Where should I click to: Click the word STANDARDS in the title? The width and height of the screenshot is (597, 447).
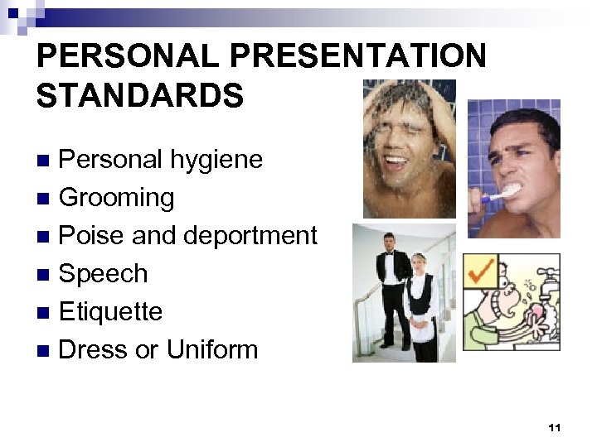click(140, 95)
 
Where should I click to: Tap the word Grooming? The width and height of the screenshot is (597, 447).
click(117, 197)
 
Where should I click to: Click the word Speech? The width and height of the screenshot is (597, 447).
click(103, 273)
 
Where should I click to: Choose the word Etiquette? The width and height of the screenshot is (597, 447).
click(110, 311)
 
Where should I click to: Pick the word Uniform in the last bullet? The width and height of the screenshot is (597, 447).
click(211, 349)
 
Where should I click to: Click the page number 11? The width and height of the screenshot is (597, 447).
click(555, 428)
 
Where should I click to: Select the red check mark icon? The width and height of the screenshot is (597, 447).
click(481, 272)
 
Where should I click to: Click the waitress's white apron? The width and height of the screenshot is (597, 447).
click(420, 331)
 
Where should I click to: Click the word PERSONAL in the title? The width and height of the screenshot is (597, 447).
click(128, 56)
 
